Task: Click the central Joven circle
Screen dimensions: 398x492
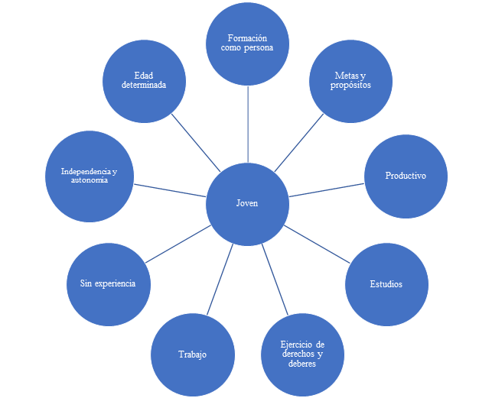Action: pos(248,204)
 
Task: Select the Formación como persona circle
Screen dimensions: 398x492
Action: pos(248,43)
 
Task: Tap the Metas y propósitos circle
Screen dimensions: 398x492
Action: pos(351,80)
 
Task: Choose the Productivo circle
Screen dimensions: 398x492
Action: pos(406,176)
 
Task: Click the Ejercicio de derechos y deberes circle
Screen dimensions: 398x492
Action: pos(302,354)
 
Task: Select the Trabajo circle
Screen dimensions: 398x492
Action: pos(193,354)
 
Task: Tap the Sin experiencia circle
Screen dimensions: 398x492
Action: pos(108,283)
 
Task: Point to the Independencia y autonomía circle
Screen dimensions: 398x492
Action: pos(89,176)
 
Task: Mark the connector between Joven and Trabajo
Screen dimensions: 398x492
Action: pos(221,278)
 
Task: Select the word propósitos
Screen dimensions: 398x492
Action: pos(351,86)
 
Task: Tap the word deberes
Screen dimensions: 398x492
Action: pos(302,364)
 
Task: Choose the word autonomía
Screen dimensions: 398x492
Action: pos(89,180)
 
